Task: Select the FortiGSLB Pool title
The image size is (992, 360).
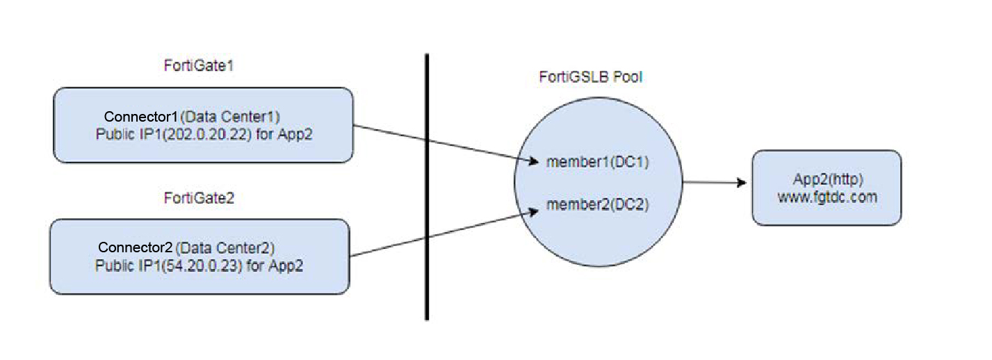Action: tap(590, 77)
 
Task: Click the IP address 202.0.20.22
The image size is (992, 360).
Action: tap(207, 134)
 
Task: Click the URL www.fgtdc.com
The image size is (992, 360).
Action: tap(827, 197)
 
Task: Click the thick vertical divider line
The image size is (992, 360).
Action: tap(426, 188)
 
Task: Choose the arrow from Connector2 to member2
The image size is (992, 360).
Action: tap(445, 234)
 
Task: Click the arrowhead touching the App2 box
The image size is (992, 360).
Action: tap(742, 183)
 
